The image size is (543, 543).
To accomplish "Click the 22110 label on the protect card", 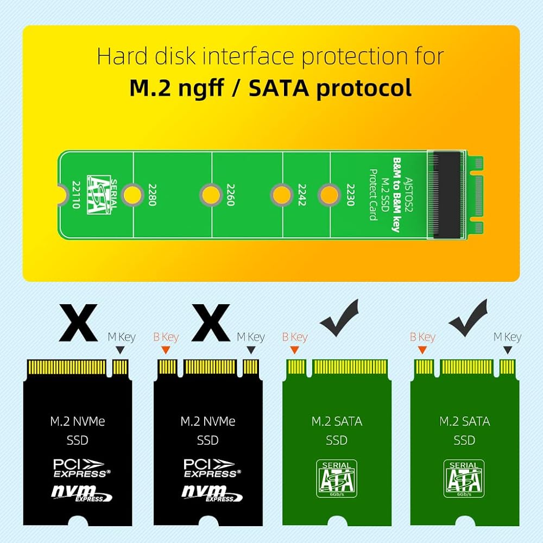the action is (75, 194).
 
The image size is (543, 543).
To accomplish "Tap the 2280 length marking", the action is (152, 194).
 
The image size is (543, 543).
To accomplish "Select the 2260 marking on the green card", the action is (230, 194).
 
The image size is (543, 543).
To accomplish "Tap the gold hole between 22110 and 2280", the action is (130, 194).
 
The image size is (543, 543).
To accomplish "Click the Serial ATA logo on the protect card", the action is (99, 194).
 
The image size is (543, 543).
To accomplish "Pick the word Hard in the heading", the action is (119, 56).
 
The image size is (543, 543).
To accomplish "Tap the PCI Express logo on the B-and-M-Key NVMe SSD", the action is (209, 468).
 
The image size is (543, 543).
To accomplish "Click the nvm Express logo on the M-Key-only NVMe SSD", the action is (81, 494).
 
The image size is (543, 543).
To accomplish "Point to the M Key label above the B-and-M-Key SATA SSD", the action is (507, 337).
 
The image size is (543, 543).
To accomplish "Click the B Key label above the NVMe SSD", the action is (166, 337).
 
